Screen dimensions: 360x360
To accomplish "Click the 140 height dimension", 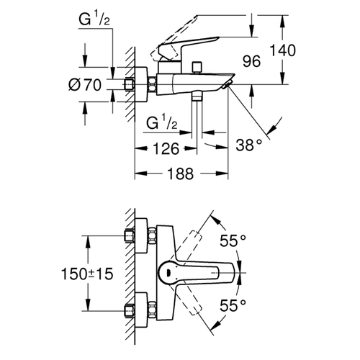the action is point(283,50).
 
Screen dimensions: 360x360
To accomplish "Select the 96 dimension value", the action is point(251,61).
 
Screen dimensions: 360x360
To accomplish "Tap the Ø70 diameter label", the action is point(85,85).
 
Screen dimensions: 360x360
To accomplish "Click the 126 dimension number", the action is point(166,148).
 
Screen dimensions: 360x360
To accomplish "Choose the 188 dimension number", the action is point(180,174).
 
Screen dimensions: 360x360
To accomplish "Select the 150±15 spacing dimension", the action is point(87,274).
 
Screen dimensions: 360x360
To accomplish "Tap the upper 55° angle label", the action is point(233,240).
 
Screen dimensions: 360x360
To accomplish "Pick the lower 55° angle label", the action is point(233,305).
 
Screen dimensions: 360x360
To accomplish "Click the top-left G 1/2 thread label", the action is point(94,19).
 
